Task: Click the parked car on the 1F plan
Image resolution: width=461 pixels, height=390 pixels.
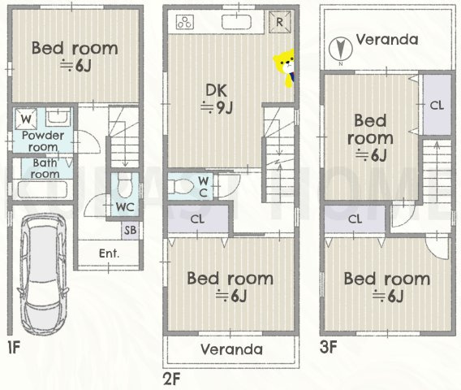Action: pyautogui.click(x=43, y=275)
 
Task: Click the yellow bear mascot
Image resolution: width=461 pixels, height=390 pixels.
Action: pyautogui.click(x=285, y=68)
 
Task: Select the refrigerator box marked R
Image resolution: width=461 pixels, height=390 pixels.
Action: pyautogui.click(x=279, y=22)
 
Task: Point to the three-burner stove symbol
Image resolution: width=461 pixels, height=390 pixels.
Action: pyautogui.click(x=185, y=22)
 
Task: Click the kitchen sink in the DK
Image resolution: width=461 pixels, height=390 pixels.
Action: pyautogui.click(x=236, y=22)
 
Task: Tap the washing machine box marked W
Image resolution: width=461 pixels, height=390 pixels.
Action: pyautogui.click(x=26, y=119)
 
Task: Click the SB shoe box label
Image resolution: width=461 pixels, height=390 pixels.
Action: pyautogui.click(x=130, y=230)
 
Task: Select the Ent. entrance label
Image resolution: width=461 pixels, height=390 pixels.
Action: pyautogui.click(x=109, y=253)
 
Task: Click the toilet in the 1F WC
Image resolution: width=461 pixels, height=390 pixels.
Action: pyautogui.click(x=125, y=185)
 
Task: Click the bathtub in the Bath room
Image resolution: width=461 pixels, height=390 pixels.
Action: pyautogui.click(x=43, y=189)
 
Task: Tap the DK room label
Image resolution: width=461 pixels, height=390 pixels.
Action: pyautogui.click(x=217, y=90)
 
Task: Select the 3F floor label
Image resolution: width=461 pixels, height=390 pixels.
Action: pyautogui.click(x=328, y=347)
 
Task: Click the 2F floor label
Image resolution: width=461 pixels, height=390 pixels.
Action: pyautogui.click(x=171, y=379)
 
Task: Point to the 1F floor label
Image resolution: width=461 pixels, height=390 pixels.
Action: pyautogui.click(x=14, y=348)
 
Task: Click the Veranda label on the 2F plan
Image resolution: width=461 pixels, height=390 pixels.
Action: pyautogui.click(x=231, y=349)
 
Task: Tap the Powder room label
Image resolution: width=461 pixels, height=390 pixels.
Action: pyautogui.click(x=43, y=141)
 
